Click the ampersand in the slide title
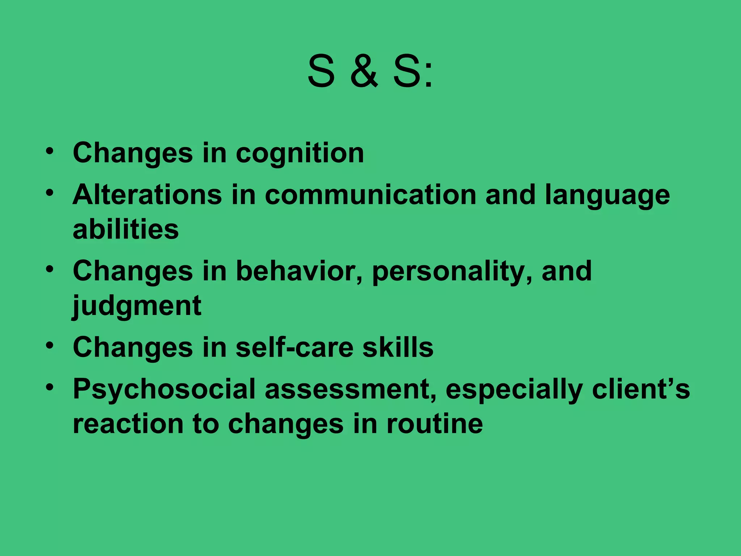tap(364, 72)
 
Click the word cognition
tap(300, 153)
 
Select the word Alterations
tap(147, 195)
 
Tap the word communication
tap(370, 195)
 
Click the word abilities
tap(126, 229)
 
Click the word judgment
tap(137, 306)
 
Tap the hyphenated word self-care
tap(295, 347)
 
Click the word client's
tap(641, 389)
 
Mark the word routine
tap(435, 424)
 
